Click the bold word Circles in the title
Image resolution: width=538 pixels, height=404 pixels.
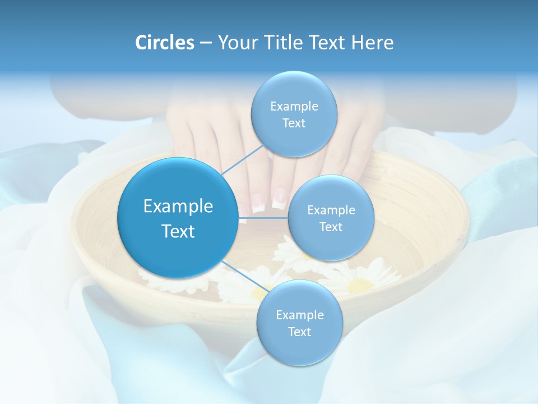(x=165, y=43)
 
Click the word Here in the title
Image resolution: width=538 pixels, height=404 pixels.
(x=373, y=43)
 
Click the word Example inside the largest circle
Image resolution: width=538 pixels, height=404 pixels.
(x=178, y=206)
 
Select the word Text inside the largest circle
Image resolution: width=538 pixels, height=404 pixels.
(x=178, y=231)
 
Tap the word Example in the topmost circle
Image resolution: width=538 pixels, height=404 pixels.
(x=294, y=107)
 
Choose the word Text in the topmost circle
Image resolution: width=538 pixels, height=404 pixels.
(x=294, y=123)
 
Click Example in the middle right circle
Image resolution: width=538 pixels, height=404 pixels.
(x=331, y=210)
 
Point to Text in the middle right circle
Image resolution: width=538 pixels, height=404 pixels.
(x=331, y=227)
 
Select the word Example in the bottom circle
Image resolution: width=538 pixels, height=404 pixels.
(x=299, y=315)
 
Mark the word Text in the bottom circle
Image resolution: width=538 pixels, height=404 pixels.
(x=299, y=332)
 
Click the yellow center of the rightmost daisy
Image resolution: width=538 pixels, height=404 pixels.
(x=359, y=286)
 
